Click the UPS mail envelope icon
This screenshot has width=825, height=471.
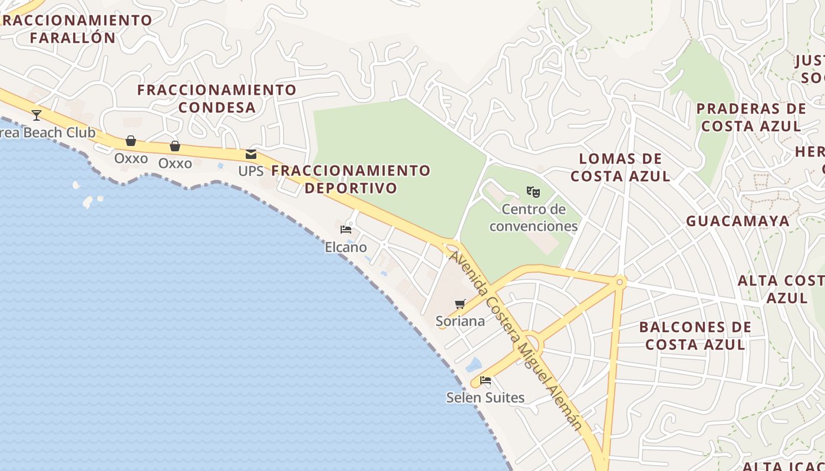coord(251,154)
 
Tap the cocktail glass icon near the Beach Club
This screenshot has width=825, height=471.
coord(37,115)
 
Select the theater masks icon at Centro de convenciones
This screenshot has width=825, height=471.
coord(533,191)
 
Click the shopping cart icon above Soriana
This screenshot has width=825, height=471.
coord(460,304)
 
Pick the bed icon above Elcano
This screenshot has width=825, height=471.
coord(346,229)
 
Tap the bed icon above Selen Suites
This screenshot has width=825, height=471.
coord(486,380)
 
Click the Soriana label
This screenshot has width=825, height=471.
coord(460,321)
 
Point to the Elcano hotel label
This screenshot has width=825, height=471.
coord(346,247)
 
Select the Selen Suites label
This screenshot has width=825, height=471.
coord(485,397)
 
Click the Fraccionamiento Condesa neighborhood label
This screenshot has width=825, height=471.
coord(217,98)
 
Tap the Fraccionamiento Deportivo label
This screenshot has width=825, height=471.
coord(351,179)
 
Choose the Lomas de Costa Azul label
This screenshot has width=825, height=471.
coord(621,167)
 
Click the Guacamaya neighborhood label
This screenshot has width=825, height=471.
coord(738,221)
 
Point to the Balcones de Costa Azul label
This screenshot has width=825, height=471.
coord(695,336)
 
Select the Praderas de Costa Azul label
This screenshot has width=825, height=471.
coord(751,117)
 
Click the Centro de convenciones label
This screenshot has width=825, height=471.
coord(534,218)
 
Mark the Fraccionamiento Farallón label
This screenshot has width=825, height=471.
coord(74,28)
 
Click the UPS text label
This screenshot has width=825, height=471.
coord(251,171)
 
